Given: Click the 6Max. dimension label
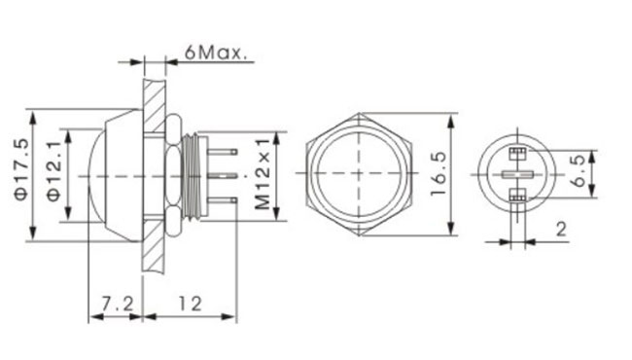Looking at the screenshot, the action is click(x=215, y=53).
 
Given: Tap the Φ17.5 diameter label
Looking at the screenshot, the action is click(x=21, y=169).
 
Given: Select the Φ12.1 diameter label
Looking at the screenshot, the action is click(x=54, y=171).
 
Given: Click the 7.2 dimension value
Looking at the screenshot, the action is click(x=117, y=304).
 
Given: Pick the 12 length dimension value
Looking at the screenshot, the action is click(x=190, y=304).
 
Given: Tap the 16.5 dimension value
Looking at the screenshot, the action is click(x=439, y=174).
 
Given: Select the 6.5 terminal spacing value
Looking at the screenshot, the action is click(x=579, y=170).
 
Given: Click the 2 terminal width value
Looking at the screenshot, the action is click(x=561, y=230).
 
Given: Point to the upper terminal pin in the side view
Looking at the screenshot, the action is click(x=222, y=152).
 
